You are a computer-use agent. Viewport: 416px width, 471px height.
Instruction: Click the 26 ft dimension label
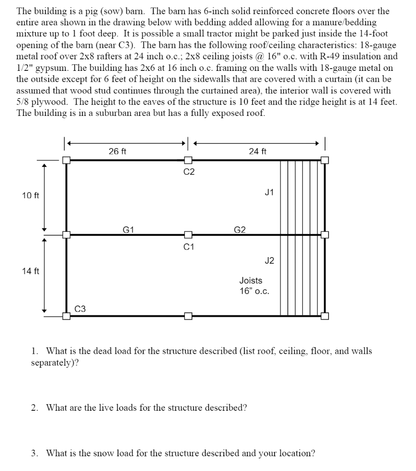(117, 151)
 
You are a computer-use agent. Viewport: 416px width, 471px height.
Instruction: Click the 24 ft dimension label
(257, 151)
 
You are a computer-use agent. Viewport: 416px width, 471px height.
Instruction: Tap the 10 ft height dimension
(30, 196)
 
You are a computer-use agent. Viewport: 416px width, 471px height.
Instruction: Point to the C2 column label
(189, 172)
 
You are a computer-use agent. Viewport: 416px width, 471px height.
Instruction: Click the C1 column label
(189, 247)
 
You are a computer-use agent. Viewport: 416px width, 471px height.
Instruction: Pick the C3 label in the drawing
(80, 309)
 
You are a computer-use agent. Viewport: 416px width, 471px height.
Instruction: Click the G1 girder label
(128, 229)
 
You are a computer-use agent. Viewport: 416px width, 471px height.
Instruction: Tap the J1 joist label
(269, 193)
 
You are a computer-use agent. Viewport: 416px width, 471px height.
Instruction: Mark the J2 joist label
(269, 261)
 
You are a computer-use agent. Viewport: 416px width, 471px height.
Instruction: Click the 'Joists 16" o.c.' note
(251, 286)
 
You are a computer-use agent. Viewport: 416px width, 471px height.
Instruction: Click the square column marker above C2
(188, 160)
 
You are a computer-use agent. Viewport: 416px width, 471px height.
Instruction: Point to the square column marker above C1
(188, 235)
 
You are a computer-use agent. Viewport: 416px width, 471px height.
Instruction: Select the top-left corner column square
(67, 160)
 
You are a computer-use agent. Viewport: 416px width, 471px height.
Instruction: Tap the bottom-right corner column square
(325, 316)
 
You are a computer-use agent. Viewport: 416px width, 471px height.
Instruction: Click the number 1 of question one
(34, 351)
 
